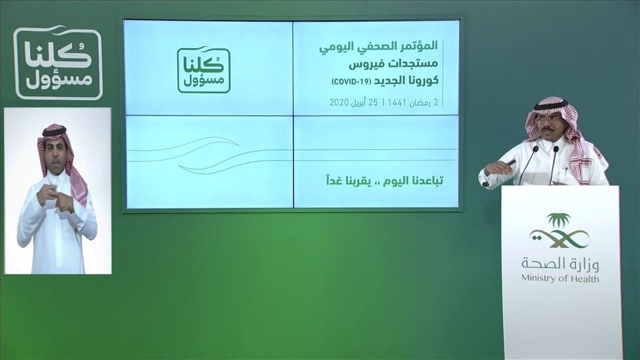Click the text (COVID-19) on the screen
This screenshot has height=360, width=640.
coord(351,81)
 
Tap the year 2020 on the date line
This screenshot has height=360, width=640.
coord(339,102)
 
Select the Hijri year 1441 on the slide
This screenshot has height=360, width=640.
coord(397,102)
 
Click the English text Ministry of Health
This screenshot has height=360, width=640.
coord(560,279)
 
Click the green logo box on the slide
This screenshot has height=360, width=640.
coord(204,71)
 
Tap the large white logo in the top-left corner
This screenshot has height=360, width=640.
coord(58,63)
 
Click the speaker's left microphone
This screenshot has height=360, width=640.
coord(529,164)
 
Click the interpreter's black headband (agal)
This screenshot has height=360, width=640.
coord(54,132)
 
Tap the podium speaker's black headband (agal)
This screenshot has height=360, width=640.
coord(551,105)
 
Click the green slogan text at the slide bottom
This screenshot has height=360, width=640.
coord(385,181)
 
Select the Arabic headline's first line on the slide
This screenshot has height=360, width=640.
coord(379,47)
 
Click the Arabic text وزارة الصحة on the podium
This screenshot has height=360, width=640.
coord(560,265)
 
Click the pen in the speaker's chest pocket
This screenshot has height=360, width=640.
coord(566,171)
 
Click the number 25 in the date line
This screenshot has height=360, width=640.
coord(373,102)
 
